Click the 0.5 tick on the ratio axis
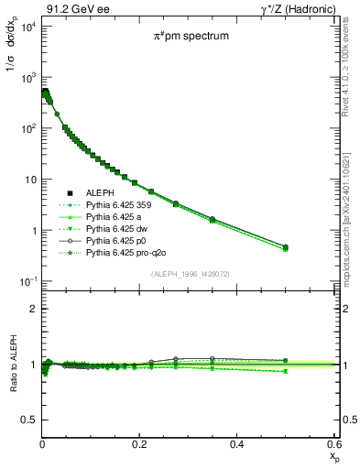click(29, 420)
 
